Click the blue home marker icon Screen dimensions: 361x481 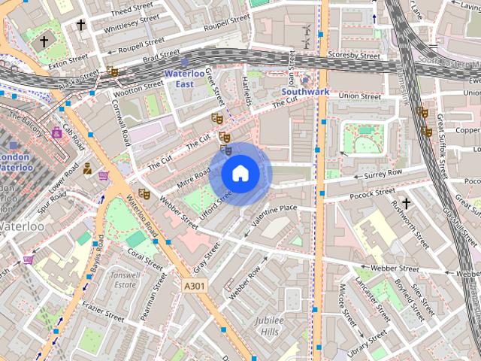click(240, 174)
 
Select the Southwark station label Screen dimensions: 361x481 click(305, 92)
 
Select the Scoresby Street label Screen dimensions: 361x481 click(354, 55)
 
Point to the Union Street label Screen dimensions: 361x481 click(360, 96)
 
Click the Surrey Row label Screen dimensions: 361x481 click(383, 173)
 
